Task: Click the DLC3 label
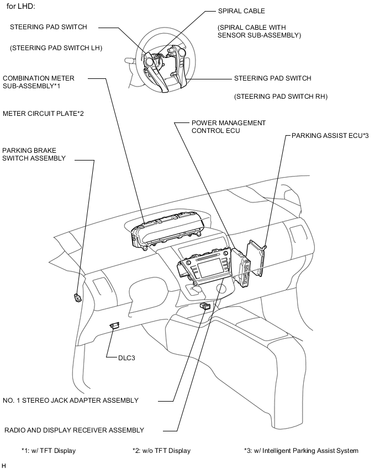126,357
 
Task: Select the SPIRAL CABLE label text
242,10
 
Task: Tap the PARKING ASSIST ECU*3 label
329,135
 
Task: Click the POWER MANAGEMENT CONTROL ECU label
228,127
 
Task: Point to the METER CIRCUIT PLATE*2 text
43,113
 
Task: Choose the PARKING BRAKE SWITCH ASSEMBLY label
34,154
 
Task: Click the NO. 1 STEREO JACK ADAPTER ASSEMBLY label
71,400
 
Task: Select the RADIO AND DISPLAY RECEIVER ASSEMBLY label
73,430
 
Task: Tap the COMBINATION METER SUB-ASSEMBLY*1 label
39,82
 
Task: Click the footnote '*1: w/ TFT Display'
48,451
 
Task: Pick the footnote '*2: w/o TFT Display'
161,451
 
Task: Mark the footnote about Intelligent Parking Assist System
301,451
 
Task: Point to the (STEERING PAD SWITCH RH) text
281,97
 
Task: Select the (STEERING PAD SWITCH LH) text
56,48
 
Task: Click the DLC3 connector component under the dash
115,326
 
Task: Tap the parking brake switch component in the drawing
77,298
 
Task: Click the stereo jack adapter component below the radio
205,306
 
